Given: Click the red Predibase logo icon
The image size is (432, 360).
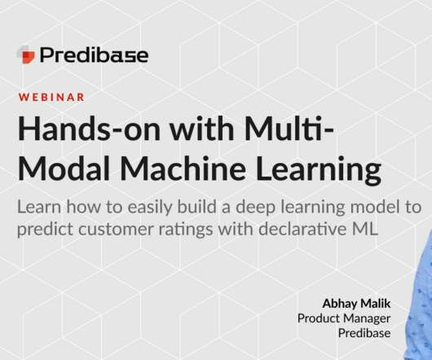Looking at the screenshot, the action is point(27,55).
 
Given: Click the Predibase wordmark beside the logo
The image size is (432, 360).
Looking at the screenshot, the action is point(95,55).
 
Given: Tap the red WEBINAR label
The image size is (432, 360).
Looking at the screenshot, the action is point(51,98).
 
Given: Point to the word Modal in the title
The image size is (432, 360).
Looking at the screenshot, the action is point(64,168).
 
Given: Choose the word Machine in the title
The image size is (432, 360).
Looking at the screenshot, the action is point(183,168).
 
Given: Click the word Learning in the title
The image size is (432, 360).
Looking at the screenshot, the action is point(319,171).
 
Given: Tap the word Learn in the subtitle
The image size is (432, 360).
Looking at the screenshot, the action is point(39,207).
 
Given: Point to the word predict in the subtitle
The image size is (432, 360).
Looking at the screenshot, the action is point(45,230).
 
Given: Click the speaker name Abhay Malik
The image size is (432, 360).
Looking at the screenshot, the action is point(356,304).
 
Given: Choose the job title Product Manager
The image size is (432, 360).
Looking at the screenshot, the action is point(344,319).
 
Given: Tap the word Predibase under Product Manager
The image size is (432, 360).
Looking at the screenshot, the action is point(364,333).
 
